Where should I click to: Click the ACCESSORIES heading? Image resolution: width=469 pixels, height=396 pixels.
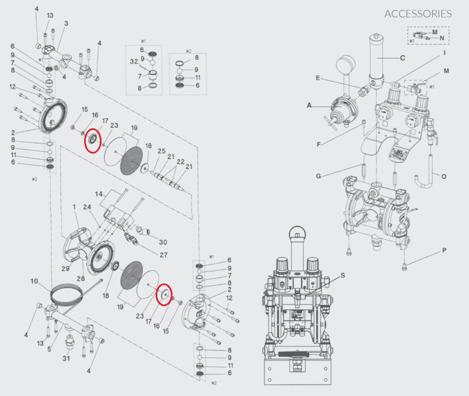click(x=417, y=14)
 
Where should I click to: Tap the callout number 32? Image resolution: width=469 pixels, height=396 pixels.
click(x=134, y=62)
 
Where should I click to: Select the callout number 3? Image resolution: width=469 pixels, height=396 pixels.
click(x=66, y=23)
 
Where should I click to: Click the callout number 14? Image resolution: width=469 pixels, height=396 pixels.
click(x=99, y=195)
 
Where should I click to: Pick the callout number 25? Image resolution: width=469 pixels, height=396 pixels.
click(x=161, y=151)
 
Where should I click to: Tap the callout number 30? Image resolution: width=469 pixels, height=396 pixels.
click(x=163, y=242)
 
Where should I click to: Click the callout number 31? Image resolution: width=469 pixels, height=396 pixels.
click(x=66, y=359)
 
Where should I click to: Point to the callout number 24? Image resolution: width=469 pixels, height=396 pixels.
click(x=87, y=207)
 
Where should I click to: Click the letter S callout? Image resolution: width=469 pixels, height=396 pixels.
click(x=343, y=275)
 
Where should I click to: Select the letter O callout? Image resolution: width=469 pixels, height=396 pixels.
click(x=444, y=176)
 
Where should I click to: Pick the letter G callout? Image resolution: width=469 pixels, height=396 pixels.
click(x=318, y=175)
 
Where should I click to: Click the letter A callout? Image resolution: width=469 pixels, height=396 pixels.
click(x=310, y=106)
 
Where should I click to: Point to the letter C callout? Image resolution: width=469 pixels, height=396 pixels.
click(x=402, y=58)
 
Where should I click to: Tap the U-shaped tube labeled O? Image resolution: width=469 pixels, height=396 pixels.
click(x=422, y=181)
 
